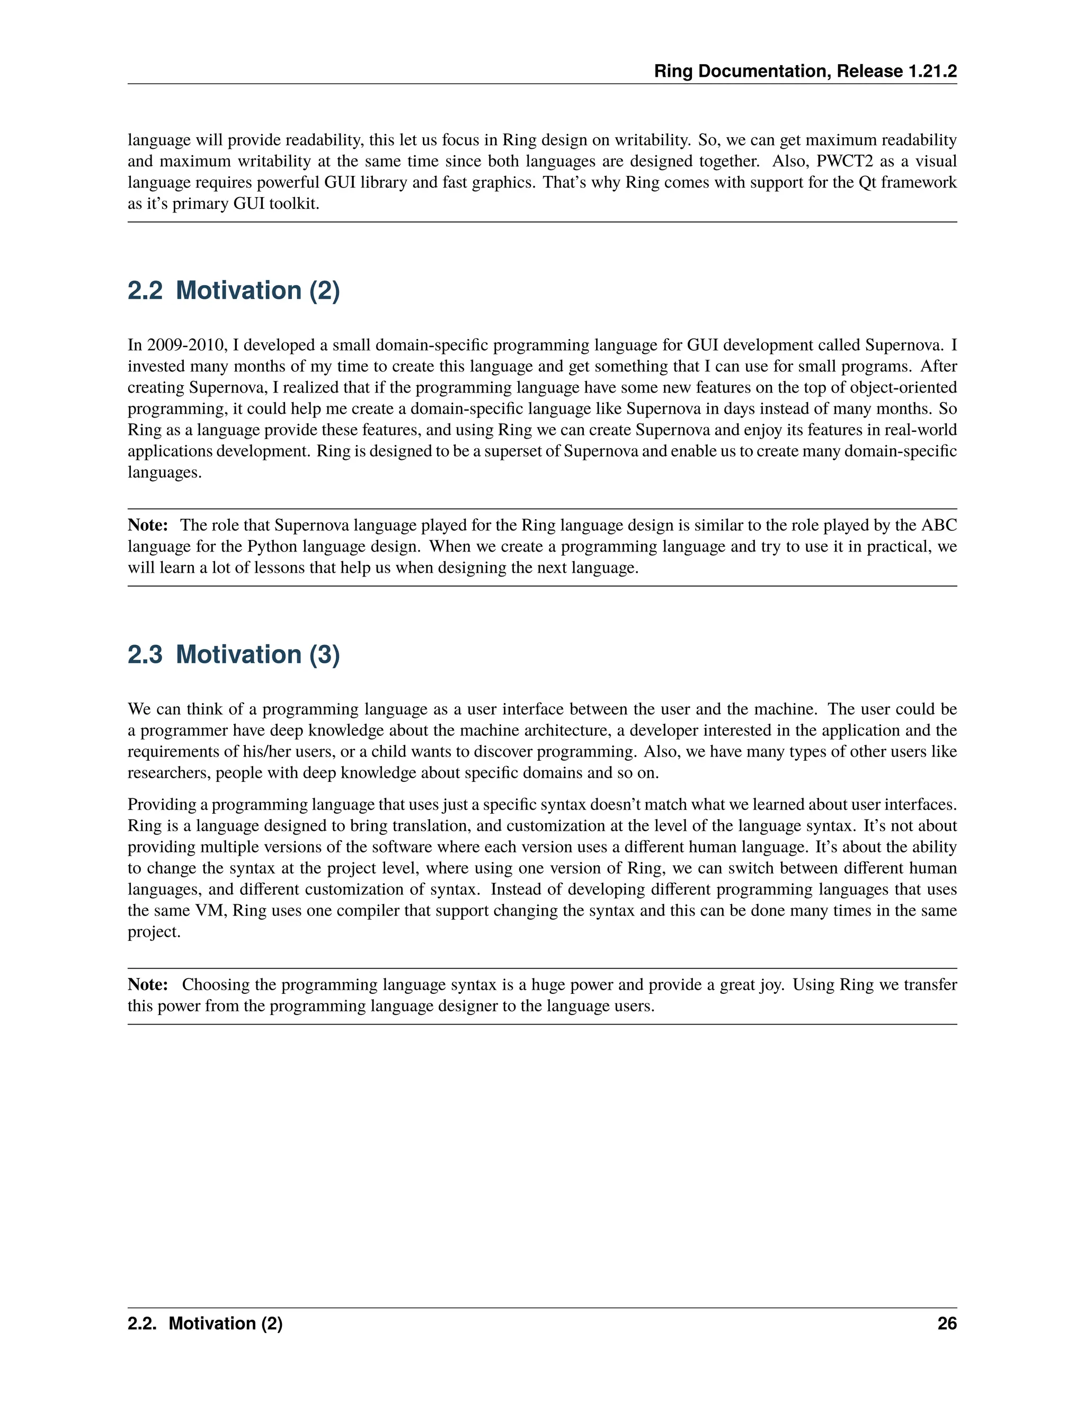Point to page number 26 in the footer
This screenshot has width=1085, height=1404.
tap(947, 1323)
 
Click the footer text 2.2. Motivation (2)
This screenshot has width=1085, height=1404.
tap(205, 1323)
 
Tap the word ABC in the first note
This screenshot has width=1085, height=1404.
tap(939, 525)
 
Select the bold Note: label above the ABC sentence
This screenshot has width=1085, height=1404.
tap(148, 525)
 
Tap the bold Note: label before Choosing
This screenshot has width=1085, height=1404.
tap(148, 985)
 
